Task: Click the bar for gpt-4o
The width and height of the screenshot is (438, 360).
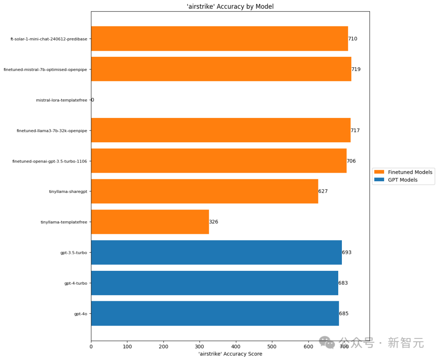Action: point(215,313)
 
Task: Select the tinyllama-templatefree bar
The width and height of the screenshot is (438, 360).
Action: point(150,222)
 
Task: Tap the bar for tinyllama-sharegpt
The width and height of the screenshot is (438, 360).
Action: point(204,191)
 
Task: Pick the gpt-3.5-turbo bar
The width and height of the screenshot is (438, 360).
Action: point(216,252)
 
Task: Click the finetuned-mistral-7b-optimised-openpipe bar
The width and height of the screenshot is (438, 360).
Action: point(221,69)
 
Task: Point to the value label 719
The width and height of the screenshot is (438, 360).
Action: point(356,69)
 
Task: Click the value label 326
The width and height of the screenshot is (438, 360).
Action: point(214,222)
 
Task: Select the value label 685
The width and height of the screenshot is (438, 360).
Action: point(344,313)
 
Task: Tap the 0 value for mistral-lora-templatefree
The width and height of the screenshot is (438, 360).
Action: point(92,100)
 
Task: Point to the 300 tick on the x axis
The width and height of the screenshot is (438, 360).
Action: point(200,347)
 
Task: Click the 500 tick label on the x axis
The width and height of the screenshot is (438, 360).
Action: point(272,347)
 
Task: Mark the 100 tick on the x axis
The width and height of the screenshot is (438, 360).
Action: point(127,347)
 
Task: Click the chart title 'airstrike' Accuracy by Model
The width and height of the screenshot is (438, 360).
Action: point(230,6)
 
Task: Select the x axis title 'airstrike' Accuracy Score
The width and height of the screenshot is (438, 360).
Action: point(230,354)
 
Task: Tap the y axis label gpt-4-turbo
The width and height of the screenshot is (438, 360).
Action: point(76,283)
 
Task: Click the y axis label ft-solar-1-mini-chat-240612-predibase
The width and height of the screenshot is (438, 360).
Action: point(49,39)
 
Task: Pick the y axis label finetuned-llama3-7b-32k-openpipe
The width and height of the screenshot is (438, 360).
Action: point(52,131)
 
